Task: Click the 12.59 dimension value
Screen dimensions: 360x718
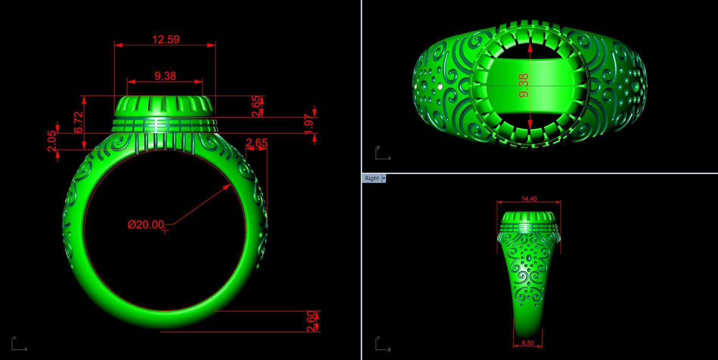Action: tap(165, 39)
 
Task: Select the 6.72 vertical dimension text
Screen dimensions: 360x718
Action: tap(79, 122)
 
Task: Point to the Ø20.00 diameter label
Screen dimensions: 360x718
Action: tap(146, 224)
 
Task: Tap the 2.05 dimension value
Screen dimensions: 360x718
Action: tap(52, 141)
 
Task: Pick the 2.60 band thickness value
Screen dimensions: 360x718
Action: tap(311, 321)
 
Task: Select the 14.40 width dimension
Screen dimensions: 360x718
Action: tap(529, 199)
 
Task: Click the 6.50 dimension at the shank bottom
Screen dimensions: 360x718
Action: tap(528, 343)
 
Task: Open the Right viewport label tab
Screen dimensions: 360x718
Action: tap(372, 178)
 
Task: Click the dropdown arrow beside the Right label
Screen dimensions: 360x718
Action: tap(384, 178)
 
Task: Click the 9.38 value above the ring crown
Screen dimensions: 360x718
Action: tap(165, 76)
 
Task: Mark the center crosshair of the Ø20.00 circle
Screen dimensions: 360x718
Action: tap(165, 230)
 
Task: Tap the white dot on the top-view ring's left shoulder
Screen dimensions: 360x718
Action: tap(439, 87)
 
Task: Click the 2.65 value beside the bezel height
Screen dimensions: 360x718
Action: tap(256, 106)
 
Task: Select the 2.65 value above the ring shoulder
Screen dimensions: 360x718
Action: tap(257, 143)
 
